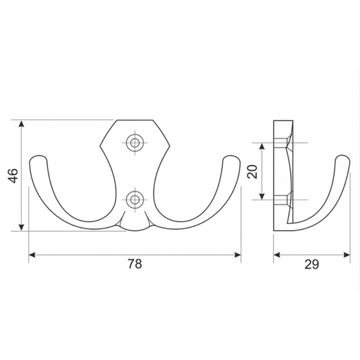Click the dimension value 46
pos(14,176)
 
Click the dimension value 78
pos(135,264)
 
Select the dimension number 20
pos(252,172)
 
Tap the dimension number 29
pos(311,264)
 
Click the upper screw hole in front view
pos(135,143)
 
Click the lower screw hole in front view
pos(135,200)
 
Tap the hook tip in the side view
pos(343,158)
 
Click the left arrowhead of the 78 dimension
pos(31,255)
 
